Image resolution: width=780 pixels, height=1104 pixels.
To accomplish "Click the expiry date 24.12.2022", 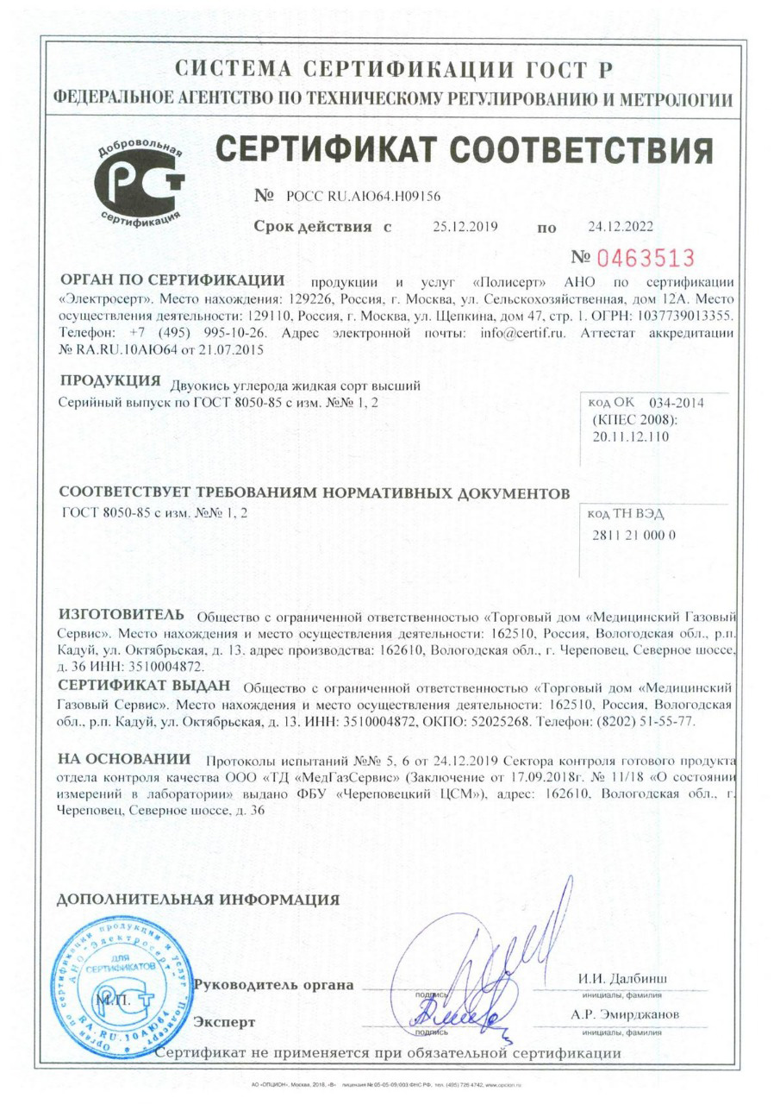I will pos(620,227).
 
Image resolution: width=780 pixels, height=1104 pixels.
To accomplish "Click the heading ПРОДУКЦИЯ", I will pos(111,381).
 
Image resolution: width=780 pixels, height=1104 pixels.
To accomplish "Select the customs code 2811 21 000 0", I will pos(636,535).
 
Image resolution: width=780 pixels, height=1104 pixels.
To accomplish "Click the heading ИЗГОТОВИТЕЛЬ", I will pos(121,615).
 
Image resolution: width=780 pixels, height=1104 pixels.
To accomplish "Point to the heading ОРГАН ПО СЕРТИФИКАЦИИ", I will pos(172,282).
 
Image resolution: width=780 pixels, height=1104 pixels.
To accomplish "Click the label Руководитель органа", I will pos(275,985).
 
